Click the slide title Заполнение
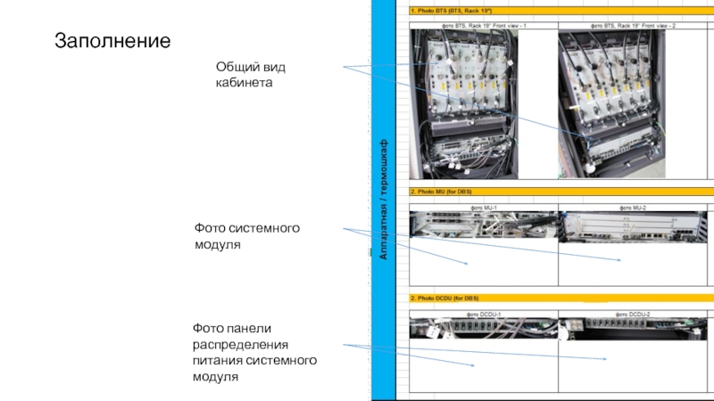pyautogui.click(x=112, y=41)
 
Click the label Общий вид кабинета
pyautogui.click(x=252, y=75)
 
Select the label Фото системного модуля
pyautogui.click(x=247, y=236)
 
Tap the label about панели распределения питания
pyautogui.click(x=255, y=352)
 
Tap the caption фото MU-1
pyautogui.click(x=483, y=207)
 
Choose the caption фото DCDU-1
pyautogui.click(x=483, y=315)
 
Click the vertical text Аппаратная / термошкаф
pyautogui.click(x=384, y=200)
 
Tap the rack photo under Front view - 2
pyautogui.click(x=611, y=104)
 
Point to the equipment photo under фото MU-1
pyautogui.click(x=483, y=224)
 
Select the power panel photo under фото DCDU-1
pyautogui.click(x=483, y=329)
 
